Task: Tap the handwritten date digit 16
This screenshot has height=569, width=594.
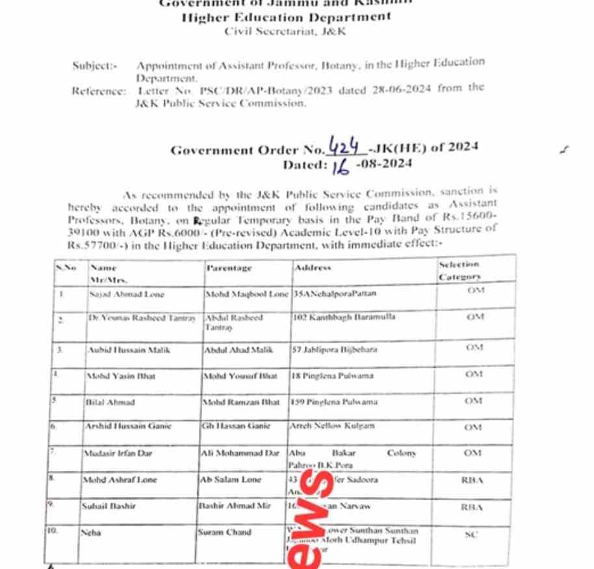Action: pos(341,167)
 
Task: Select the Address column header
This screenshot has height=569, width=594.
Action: pos(313,268)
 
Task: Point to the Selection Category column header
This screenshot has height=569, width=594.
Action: pos(459,271)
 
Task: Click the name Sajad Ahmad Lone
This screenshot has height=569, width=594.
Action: pos(127,294)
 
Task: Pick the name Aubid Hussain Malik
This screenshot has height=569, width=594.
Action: pos(129,349)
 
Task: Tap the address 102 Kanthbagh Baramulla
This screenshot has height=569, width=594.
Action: pos(344,317)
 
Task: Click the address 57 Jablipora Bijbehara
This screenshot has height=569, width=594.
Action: pos(335,349)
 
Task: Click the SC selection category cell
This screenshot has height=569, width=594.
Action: pos(472,535)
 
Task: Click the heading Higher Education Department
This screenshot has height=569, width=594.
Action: pos(286,18)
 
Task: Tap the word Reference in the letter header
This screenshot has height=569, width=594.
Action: pos(97,91)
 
